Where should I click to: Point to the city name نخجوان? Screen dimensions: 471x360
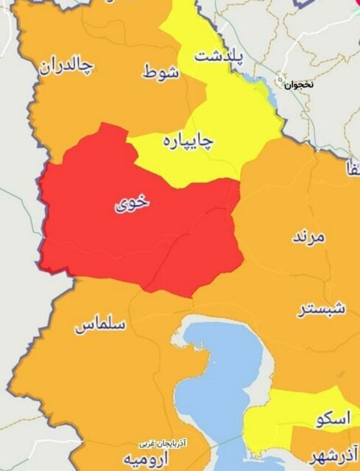tap(300, 85)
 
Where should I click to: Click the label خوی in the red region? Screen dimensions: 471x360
tap(131, 202)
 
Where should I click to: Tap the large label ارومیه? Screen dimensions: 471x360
tap(142, 461)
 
